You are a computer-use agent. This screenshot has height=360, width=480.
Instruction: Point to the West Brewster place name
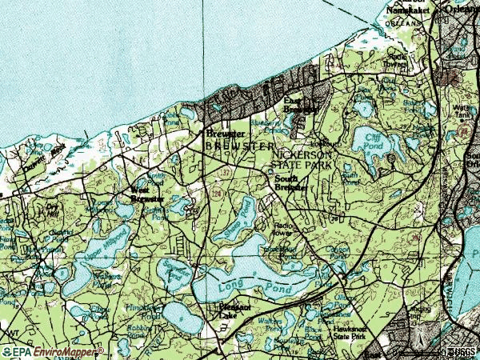tap(147, 195)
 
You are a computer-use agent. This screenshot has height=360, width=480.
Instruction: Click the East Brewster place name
tap(302, 105)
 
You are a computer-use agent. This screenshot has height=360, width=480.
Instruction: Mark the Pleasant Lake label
tap(235, 311)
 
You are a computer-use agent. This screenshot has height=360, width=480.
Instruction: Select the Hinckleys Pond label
tap(144, 308)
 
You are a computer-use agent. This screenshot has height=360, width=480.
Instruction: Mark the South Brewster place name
tap(291, 184)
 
